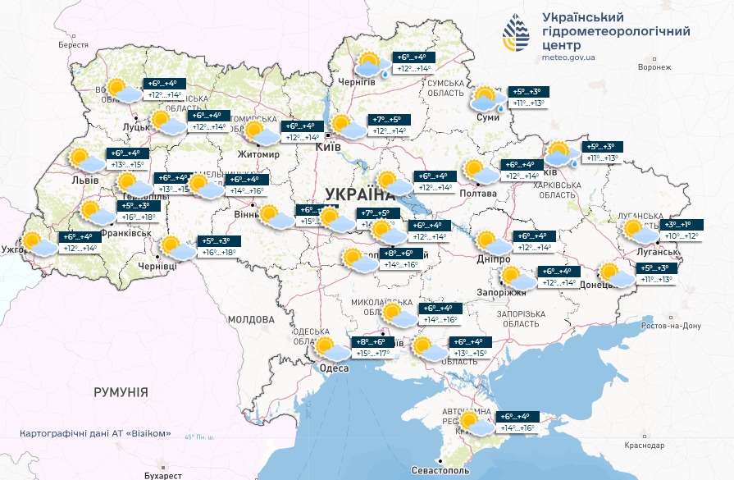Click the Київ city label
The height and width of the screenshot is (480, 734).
329,147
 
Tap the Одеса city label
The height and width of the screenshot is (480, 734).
334,368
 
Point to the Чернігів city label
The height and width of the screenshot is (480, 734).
357,82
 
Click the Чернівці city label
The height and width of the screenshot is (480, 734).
157,267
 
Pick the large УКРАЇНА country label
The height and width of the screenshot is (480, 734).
359,194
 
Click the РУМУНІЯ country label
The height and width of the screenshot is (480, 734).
121,393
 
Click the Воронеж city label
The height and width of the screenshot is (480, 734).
654,68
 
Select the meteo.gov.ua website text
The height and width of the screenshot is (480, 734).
568,57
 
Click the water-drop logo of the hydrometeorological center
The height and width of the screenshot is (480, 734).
517,34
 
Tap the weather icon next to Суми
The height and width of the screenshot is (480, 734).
487,99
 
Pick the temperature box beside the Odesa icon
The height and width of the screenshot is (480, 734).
370,348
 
